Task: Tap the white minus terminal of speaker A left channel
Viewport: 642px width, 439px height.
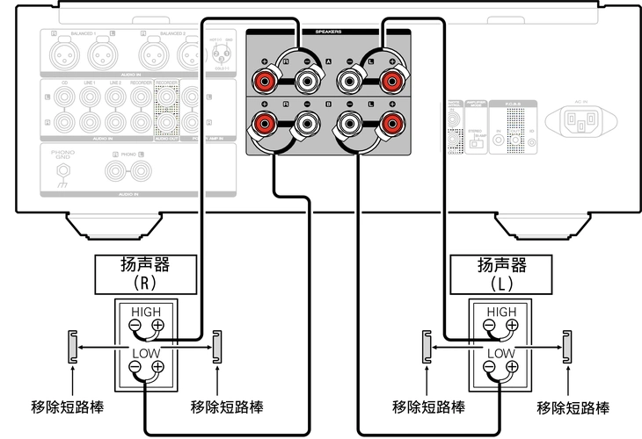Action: [x=349, y=83]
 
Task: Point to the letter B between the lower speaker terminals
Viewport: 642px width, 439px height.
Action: [x=328, y=104]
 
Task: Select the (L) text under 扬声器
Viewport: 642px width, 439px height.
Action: [x=500, y=284]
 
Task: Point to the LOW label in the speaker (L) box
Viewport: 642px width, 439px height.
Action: [x=501, y=353]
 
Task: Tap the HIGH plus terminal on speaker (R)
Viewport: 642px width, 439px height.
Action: [x=157, y=326]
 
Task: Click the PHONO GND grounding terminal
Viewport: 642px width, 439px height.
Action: [x=62, y=182]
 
